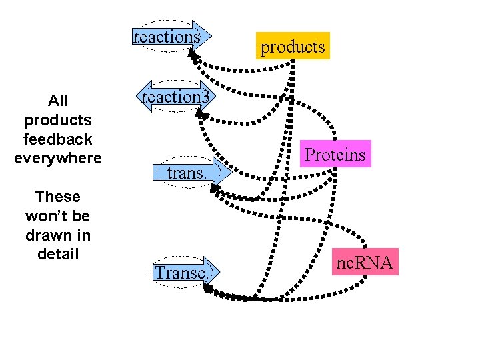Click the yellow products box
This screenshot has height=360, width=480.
point(293,46)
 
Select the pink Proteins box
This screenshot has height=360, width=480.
point(335,154)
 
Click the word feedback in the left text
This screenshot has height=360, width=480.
point(57,139)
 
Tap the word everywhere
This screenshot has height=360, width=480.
point(57,159)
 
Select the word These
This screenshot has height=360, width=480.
point(57,197)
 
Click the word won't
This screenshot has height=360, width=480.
point(57,216)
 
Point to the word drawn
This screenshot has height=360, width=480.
point(49,235)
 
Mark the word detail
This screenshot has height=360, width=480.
point(57,254)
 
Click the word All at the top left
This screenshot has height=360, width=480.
point(58,101)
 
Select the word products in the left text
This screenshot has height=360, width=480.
point(57,121)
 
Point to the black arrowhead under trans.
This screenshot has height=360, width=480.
point(214,190)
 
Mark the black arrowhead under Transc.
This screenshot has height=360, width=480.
point(207,289)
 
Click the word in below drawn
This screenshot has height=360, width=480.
point(85,235)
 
